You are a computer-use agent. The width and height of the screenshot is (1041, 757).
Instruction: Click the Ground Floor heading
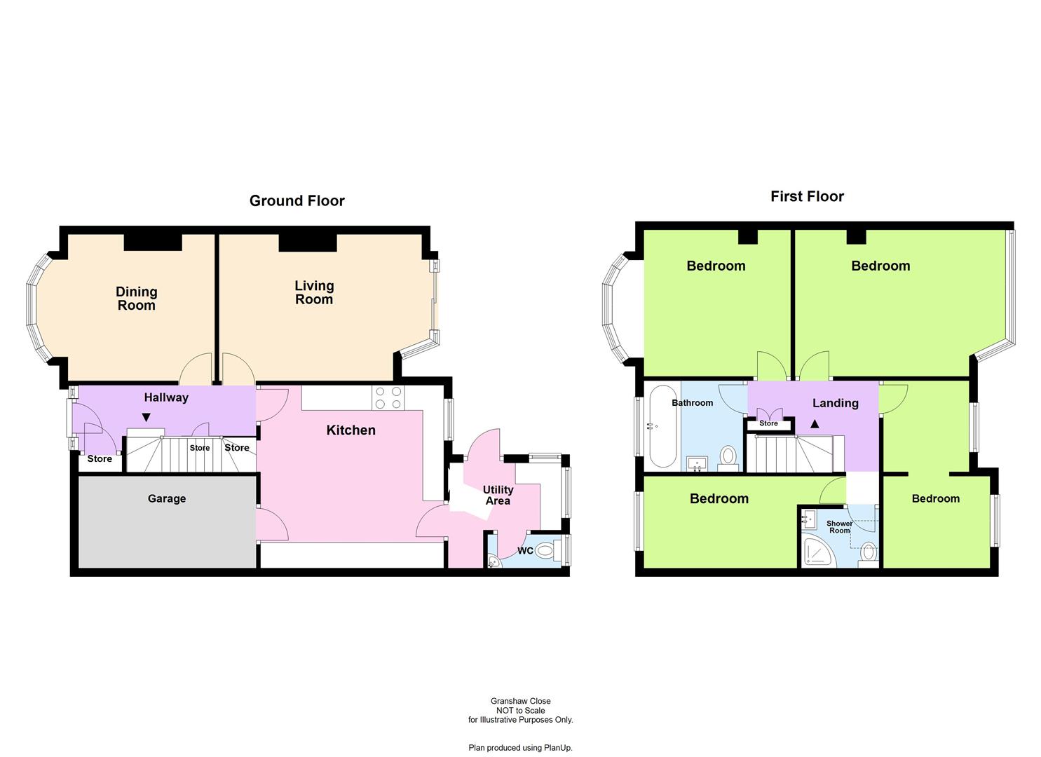coord(297,201)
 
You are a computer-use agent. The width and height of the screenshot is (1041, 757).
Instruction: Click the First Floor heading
coord(807,197)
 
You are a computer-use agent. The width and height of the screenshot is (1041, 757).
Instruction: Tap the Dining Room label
coord(136,299)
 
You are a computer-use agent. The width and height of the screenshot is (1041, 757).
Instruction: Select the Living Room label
coord(313,292)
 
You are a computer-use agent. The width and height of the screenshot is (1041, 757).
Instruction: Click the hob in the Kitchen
coord(388,397)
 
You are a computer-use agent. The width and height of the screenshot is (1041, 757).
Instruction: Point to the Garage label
coord(167,499)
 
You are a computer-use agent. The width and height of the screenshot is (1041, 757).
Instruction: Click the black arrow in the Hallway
coord(146,418)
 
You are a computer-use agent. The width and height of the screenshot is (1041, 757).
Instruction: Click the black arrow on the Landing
coord(815,424)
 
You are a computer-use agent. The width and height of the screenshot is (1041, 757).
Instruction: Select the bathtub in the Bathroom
coord(662,425)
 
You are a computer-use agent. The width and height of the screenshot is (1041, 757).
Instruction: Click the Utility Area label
coord(498,496)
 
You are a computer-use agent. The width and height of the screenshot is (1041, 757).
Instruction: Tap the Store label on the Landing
coord(768,423)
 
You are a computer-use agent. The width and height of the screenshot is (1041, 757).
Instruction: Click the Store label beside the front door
coord(100,459)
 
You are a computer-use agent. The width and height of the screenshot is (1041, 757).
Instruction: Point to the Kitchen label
coord(351,430)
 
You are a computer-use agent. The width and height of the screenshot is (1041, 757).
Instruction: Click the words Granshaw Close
coord(520,701)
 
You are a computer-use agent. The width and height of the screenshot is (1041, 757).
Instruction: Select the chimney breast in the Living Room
coord(308,243)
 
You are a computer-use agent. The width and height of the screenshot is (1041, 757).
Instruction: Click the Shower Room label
coord(839,527)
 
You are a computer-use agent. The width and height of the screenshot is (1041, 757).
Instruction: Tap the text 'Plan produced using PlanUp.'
coord(520,748)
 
